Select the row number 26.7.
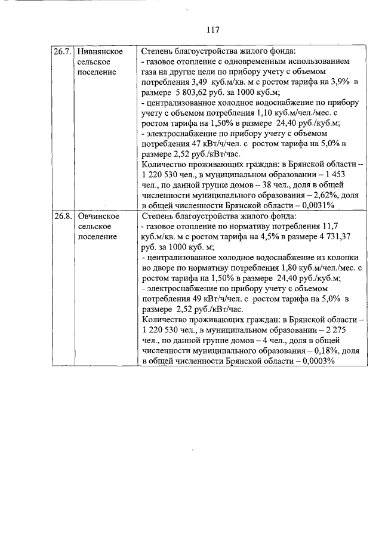pyautogui.click(x=62, y=51)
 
